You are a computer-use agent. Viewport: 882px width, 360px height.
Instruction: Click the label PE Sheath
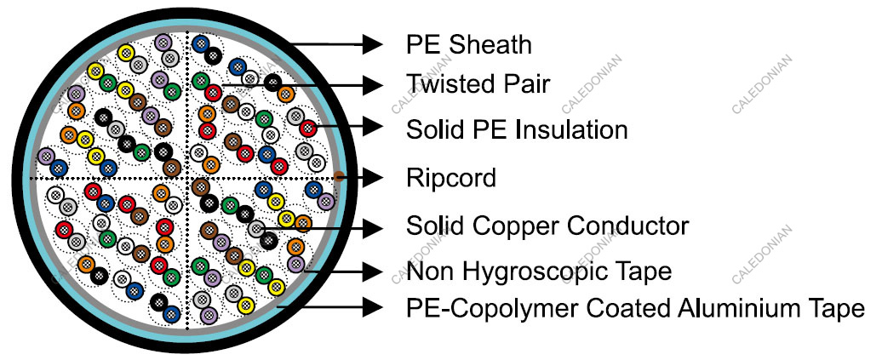click(469, 43)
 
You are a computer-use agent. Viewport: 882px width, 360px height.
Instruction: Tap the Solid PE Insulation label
click(517, 129)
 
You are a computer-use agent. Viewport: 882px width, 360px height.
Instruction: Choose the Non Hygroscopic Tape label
click(539, 271)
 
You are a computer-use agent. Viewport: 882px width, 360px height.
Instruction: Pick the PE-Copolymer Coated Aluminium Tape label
click(635, 307)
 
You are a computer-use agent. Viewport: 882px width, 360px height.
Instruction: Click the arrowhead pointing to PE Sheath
click(371, 43)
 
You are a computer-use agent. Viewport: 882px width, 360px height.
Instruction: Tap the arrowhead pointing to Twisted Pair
click(371, 84)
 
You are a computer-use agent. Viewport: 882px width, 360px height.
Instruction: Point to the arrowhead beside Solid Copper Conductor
click(371, 226)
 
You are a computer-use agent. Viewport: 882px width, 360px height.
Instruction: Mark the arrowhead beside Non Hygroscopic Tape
click(371, 271)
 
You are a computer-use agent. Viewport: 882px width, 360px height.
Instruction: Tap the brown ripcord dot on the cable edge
click(338, 177)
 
